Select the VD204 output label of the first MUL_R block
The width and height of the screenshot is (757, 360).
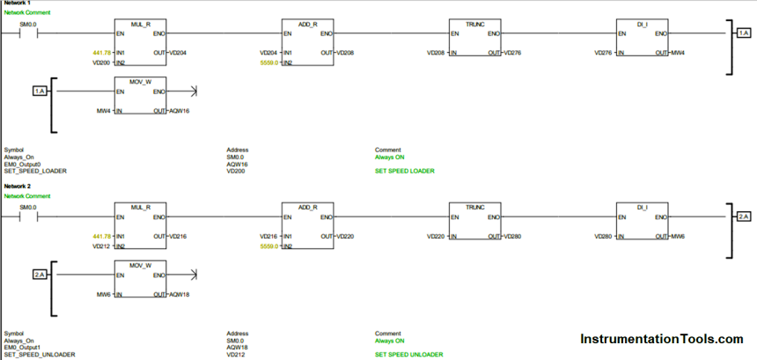click(x=177, y=53)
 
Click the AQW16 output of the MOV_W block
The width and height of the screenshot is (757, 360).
click(x=179, y=110)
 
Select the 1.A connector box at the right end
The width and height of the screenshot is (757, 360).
click(x=743, y=33)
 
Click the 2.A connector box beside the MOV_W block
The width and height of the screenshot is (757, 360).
click(x=40, y=275)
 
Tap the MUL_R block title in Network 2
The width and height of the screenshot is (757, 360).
click(x=141, y=206)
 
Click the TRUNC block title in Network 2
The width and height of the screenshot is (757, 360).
click(x=475, y=206)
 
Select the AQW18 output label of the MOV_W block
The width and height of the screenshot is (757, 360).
click(x=179, y=294)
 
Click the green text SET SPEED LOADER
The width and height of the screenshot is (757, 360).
click(x=404, y=170)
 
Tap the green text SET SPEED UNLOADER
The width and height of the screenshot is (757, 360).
click(x=408, y=354)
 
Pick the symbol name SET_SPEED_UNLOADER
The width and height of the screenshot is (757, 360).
click(x=40, y=354)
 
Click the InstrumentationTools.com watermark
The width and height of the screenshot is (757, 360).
click(x=661, y=339)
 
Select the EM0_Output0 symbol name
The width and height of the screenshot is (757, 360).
click(x=24, y=164)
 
